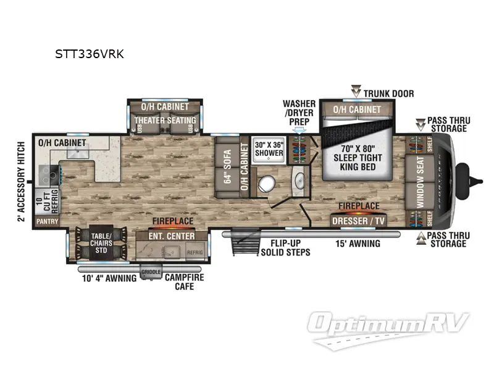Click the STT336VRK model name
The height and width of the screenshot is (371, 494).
90,54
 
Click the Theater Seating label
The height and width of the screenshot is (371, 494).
165,120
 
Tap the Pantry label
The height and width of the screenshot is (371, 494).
47,221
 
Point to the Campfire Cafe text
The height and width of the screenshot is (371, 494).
184,281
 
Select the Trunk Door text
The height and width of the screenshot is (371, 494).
388,93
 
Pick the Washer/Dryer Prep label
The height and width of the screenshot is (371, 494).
299,113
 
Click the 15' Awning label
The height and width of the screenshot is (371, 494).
358,244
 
